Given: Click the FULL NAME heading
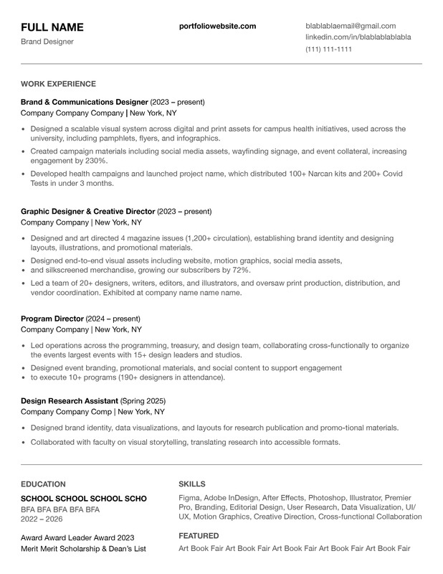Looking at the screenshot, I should point(52,27).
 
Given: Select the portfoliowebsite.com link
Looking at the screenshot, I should point(217,26).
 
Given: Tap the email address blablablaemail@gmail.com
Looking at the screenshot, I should point(351,26).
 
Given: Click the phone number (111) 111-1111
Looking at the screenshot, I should point(328,49).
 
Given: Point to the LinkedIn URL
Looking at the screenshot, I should point(358,37).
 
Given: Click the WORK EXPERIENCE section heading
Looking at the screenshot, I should point(58,84).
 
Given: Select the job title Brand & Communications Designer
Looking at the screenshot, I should point(84,102).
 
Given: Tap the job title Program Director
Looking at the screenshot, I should point(52,319).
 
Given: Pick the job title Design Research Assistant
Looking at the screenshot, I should point(70,400).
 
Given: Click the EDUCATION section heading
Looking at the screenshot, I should point(43,484).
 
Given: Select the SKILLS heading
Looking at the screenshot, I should point(191,484).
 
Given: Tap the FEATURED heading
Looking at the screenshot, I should point(199,536).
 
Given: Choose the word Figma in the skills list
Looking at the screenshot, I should point(189,498).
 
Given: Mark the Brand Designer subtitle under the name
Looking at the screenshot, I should point(47,42).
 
